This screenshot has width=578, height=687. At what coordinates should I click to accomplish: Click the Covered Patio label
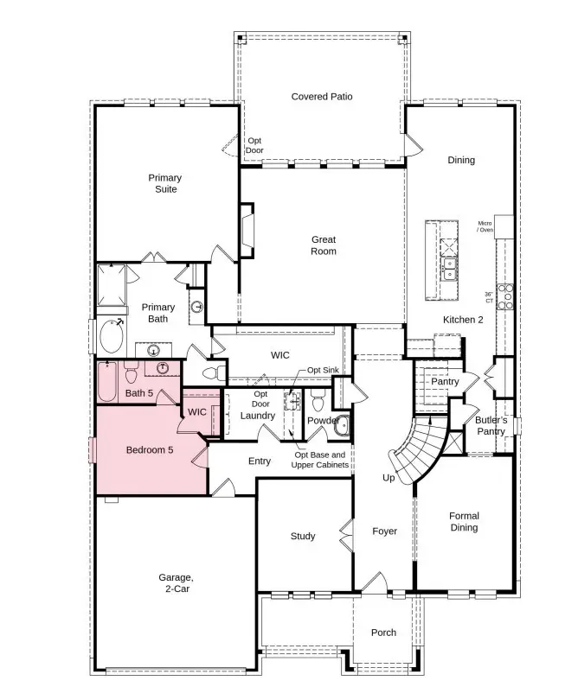click(321, 97)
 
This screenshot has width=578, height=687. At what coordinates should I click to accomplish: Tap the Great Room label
click(324, 245)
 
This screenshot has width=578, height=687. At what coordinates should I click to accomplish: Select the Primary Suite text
click(164, 183)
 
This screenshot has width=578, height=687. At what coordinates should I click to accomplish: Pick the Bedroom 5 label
click(150, 450)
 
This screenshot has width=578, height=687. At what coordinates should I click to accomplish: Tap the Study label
click(303, 537)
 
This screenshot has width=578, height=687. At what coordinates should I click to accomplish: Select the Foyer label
click(384, 531)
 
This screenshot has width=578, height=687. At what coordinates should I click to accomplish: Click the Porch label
click(383, 633)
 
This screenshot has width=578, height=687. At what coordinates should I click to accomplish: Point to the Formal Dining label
click(464, 522)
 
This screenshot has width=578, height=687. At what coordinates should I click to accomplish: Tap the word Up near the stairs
click(389, 478)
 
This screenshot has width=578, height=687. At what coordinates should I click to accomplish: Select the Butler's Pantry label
click(491, 426)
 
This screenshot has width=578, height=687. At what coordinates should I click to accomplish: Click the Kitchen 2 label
click(463, 320)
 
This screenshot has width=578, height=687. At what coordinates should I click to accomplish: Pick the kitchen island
click(440, 261)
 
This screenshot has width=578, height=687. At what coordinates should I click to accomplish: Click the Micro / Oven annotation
click(485, 226)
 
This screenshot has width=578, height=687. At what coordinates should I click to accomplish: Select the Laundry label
click(258, 416)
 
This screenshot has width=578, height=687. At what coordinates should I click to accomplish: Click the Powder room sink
click(341, 424)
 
